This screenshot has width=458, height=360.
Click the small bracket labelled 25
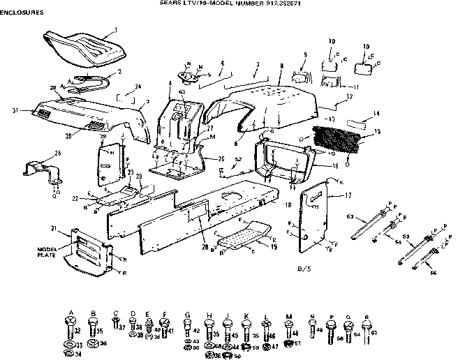point(40,170)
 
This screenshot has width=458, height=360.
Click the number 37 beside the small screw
point(121,327)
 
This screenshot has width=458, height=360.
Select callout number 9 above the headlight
point(305,54)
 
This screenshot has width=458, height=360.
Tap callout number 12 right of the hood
point(348,96)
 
